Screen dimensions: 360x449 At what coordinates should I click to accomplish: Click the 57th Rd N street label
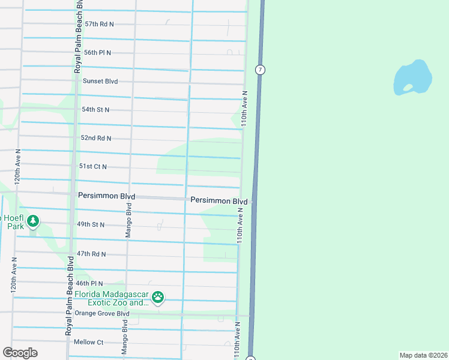[x=99, y=24]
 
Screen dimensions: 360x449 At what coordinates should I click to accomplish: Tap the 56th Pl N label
[x=98, y=53]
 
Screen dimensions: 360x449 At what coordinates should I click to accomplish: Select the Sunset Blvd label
[x=100, y=81]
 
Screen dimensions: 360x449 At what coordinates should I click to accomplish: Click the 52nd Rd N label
[x=96, y=138]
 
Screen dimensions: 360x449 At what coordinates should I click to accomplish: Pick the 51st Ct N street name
[x=92, y=166]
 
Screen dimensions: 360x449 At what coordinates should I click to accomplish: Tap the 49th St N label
[x=91, y=224]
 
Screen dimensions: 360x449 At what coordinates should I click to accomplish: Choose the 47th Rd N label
[x=91, y=254]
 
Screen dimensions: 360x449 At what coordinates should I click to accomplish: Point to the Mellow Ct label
[x=88, y=342]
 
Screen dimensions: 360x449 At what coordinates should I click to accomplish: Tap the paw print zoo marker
[x=158, y=297]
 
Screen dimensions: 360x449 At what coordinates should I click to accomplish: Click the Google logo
[x=20, y=353]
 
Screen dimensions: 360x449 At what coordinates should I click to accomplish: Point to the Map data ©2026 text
[x=423, y=355]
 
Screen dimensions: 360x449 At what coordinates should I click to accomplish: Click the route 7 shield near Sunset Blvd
[x=259, y=70]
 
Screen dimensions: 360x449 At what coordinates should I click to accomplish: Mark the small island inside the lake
[x=408, y=88]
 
